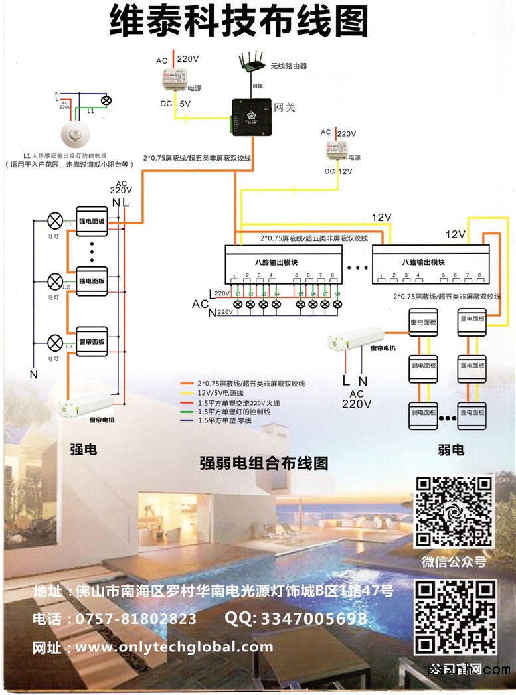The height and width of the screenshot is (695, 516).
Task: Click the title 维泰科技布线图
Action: pos(239,23)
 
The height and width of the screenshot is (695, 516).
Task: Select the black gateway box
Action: pos(251,117)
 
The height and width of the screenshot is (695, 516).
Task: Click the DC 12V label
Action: pos(337,171)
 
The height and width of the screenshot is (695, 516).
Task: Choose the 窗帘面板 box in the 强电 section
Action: pos(92,341)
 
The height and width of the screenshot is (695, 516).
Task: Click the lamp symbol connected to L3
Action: pos(56,343)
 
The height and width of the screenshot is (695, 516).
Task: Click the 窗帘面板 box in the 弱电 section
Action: pos(423,323)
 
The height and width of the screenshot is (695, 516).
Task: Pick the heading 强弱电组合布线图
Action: pos(264,463)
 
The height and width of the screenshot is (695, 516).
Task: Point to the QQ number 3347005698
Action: pos(296,619)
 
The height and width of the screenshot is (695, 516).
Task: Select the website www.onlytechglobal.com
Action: pos(174,647)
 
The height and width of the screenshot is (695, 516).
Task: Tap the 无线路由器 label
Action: pos(288,66)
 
